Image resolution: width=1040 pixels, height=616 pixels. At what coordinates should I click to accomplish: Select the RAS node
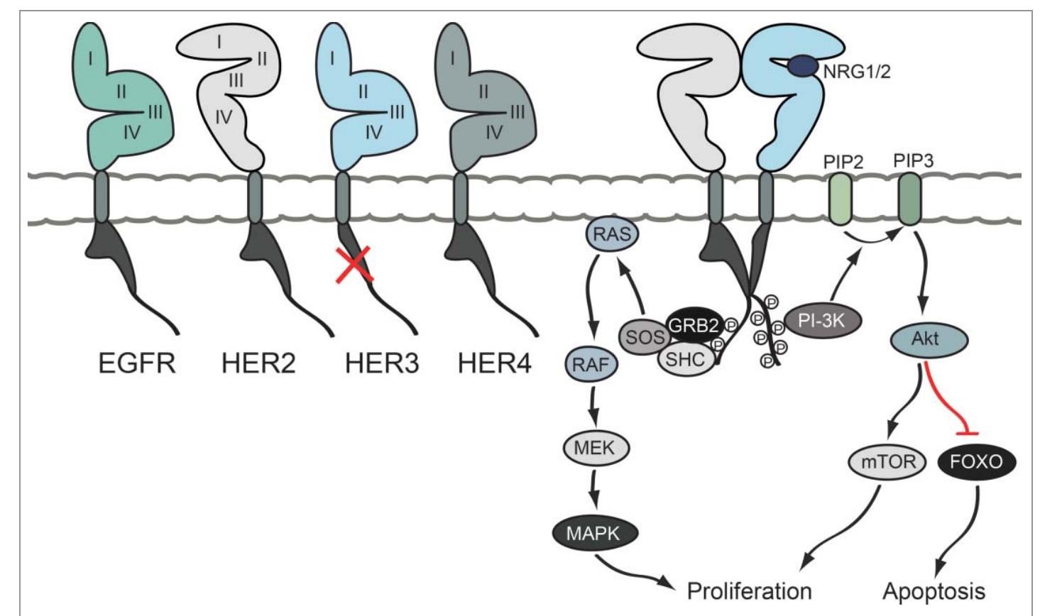611,233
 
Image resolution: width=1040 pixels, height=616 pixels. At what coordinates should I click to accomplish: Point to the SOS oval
644,337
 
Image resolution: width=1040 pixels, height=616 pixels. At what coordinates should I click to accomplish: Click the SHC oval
686,358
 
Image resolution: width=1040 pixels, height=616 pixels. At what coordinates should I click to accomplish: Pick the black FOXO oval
977,462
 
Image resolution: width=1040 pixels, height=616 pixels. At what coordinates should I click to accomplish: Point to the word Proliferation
749,590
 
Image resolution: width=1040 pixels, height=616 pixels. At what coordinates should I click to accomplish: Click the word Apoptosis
934,590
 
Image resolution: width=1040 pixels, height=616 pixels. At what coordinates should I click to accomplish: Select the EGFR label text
138,363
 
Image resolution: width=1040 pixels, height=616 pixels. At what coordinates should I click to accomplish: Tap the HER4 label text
494,363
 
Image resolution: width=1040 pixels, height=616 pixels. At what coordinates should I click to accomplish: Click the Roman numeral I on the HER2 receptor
219,43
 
